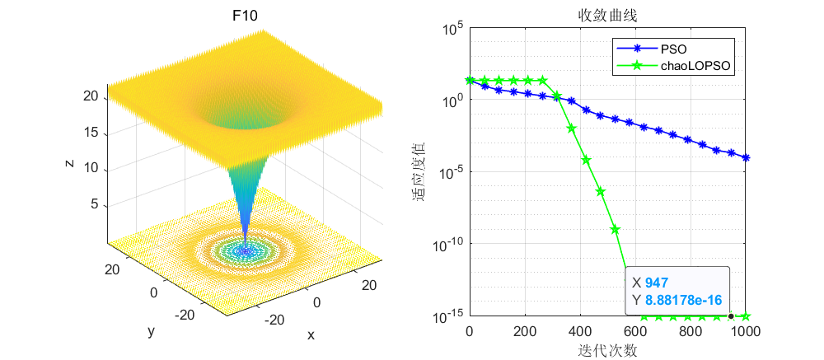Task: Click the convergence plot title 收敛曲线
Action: (607, 16)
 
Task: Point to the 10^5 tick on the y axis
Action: (452, 30)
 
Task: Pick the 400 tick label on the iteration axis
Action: (580, 332)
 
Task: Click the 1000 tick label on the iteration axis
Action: (746, 332)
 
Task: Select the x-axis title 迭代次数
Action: (607, 350)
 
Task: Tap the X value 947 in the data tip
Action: (657, 283)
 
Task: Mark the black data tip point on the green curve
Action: (731, 316)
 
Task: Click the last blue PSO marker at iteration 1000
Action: (746, 157)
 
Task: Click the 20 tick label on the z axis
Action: (91, 96)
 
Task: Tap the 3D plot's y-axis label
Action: (151, 331)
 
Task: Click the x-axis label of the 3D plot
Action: (311, 335)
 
